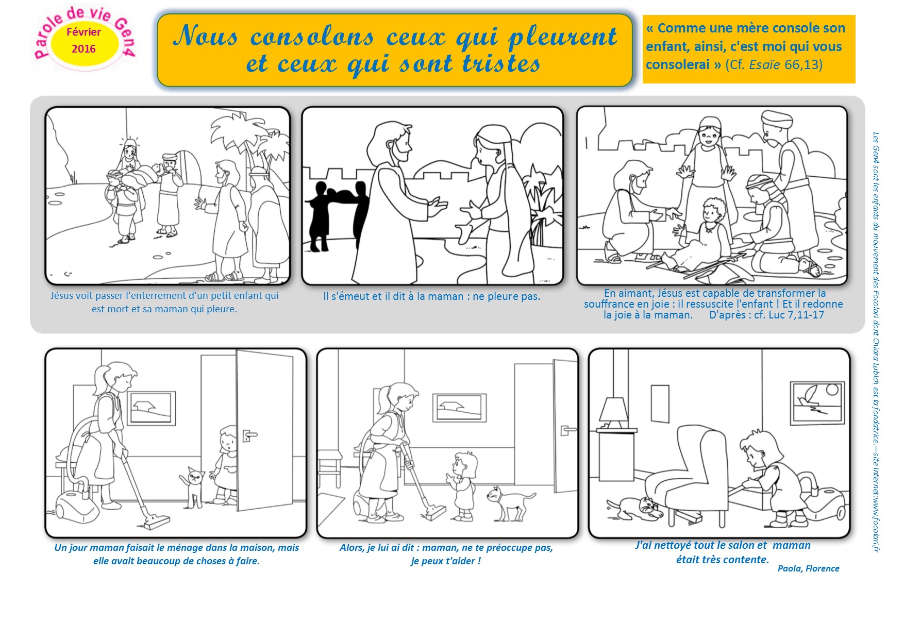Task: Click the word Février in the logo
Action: point(83,32)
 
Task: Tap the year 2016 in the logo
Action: point(83,49)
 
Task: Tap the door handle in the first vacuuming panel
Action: point(249,435)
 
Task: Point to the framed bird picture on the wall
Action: point(817,402)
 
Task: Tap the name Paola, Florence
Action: point(808,568)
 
